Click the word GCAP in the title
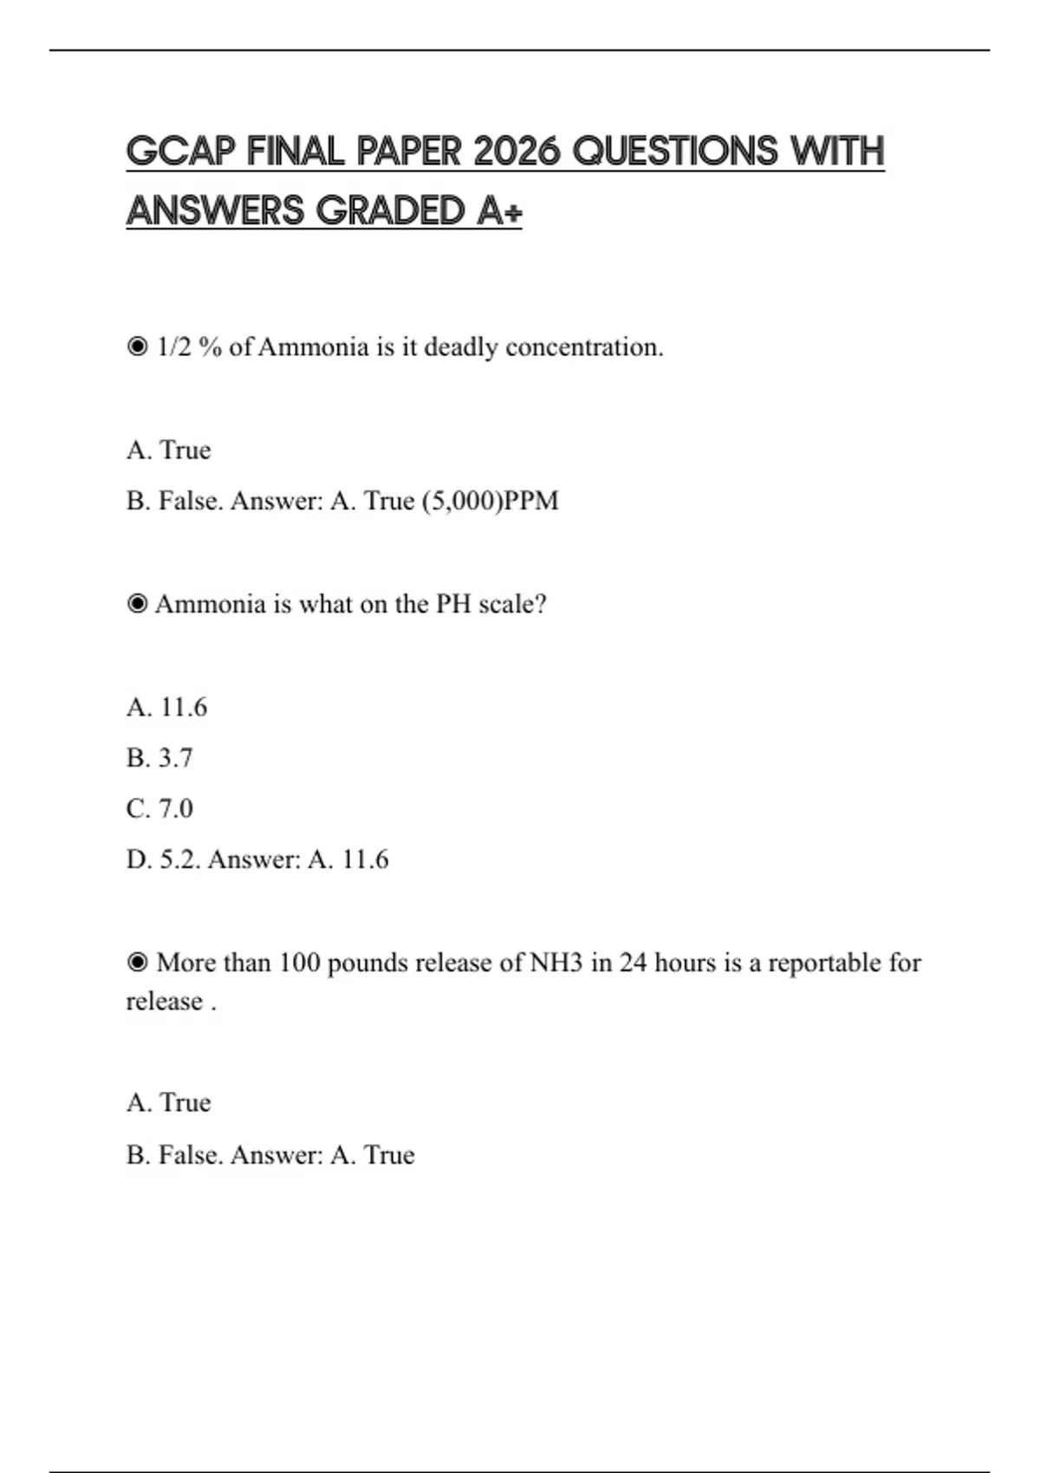coord(180,152)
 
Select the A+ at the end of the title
coord(499,211)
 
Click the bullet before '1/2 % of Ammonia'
coord(137,347)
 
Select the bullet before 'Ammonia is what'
coord(137,604)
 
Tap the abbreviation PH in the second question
coord(452,604)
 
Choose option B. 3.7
coord(159,758)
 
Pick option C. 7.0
coord(159,808)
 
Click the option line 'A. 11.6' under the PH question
coord(166,707)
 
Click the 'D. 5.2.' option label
coord(162,860)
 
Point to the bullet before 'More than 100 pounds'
coord(137,963)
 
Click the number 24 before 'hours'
coord(633,963)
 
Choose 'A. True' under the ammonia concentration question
coord(168,451)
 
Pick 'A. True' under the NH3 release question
coord(168,1103)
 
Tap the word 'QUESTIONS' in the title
coord(676,152)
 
